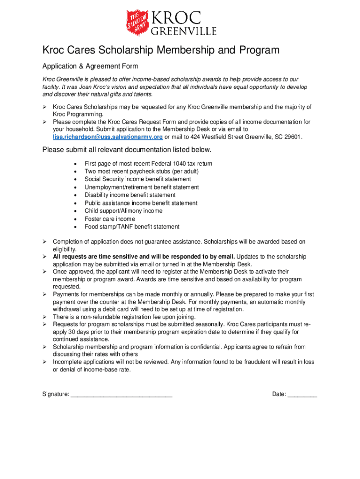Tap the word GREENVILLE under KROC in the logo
click(183, 31)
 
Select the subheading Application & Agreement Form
click(90, 66)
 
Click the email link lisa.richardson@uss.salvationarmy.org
click(108, 137)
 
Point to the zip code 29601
click(293, 137)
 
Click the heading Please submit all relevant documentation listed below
click(127, 150)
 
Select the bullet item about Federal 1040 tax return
click(148, 164)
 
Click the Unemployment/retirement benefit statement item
click(142, 187)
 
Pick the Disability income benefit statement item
click(130, 195)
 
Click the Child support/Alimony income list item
click(123, 211)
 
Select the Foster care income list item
click(109, 219)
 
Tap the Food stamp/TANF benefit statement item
click(132, 227)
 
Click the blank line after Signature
click(122, 394)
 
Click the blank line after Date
click(302, 394)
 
